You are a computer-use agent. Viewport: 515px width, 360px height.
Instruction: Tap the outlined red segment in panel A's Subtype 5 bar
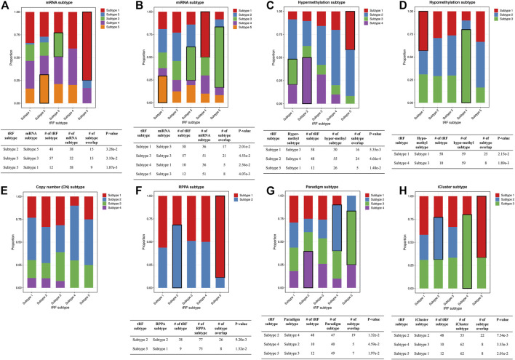pyautogui.click(x=87, y=46)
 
